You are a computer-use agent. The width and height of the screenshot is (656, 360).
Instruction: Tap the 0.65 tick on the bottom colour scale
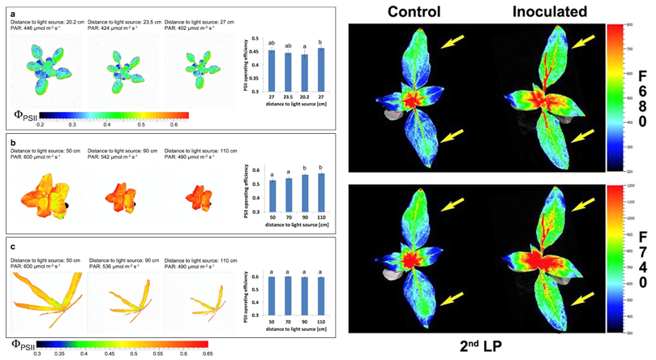coord(208,354)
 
